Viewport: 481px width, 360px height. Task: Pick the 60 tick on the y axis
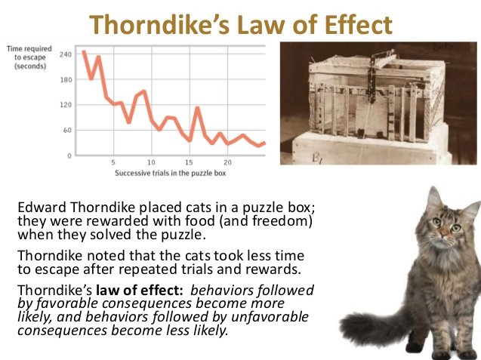click(66, 130)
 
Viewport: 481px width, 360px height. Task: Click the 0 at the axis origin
click(69, 155)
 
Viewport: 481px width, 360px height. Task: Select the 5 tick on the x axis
click(113, 162)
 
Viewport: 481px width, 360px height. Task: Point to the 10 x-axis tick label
click(151, 162)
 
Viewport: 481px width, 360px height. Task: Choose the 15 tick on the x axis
click(190, 162)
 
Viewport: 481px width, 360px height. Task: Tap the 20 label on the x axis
click(227, 162)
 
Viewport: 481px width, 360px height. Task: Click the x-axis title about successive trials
click(171, 173)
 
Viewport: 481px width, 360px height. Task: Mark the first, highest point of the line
click(84, 52)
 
